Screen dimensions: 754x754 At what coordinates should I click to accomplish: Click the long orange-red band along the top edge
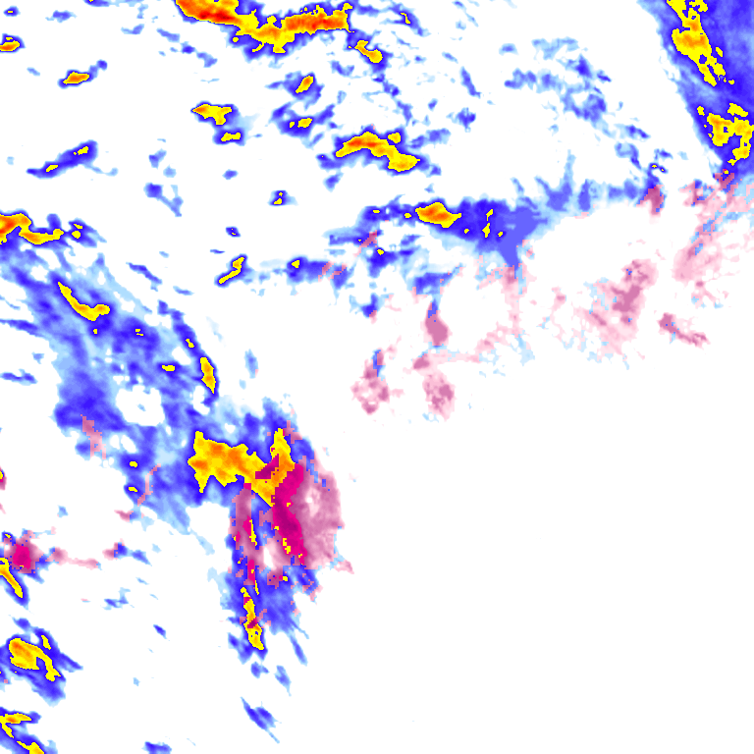(x=285, y=24)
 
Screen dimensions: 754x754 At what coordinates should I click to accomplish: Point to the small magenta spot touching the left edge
(x=20, y=556)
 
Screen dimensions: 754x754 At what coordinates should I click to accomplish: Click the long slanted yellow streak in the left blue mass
(x=82, y=301)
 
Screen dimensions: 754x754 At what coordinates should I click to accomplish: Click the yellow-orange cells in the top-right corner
(x=691, y=34)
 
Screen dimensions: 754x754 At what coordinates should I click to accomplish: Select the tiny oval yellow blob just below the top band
(x=305, y=83)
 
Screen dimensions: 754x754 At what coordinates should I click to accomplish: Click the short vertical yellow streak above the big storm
(x=208, y=373)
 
